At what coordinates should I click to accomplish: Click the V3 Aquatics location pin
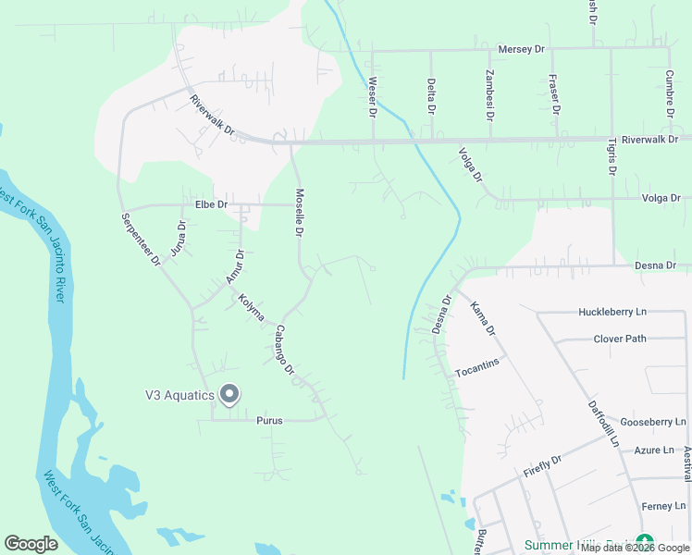pos(229,395)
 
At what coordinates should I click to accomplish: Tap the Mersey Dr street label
pos(522,49)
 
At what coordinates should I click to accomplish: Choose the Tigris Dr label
pos(612,153)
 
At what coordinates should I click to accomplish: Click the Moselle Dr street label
pos(299,214)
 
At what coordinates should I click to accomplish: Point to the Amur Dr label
pos(234,266)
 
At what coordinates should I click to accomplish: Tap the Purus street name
pos(269,420)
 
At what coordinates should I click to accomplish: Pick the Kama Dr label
pos(484,318)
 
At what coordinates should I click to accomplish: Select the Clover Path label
pos(620,339)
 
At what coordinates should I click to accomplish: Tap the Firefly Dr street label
pos(543,465)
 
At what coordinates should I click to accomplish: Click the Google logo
pos(31,544)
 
